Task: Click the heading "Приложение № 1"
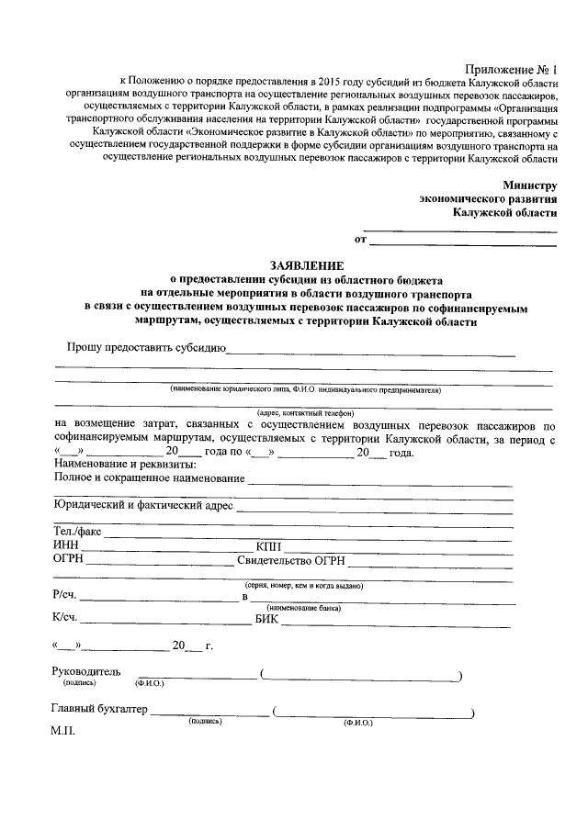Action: coord(512,70)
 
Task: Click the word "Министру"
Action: coord(529,185)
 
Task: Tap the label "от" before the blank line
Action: coord(360,241)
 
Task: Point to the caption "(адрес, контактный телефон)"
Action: coord(306,413)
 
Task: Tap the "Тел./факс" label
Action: coord(77,532)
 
